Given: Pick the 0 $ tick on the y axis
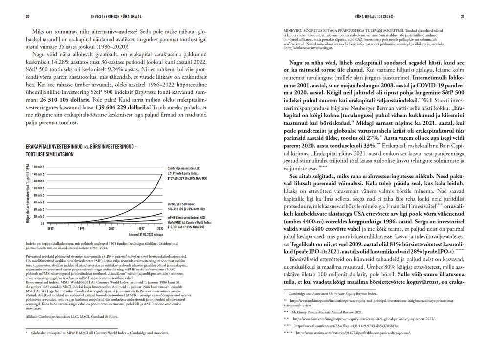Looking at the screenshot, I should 42,223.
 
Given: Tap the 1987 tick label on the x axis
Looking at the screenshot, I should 50,228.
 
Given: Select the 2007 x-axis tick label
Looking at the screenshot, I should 111,228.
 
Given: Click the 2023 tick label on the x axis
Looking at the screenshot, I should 161,228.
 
